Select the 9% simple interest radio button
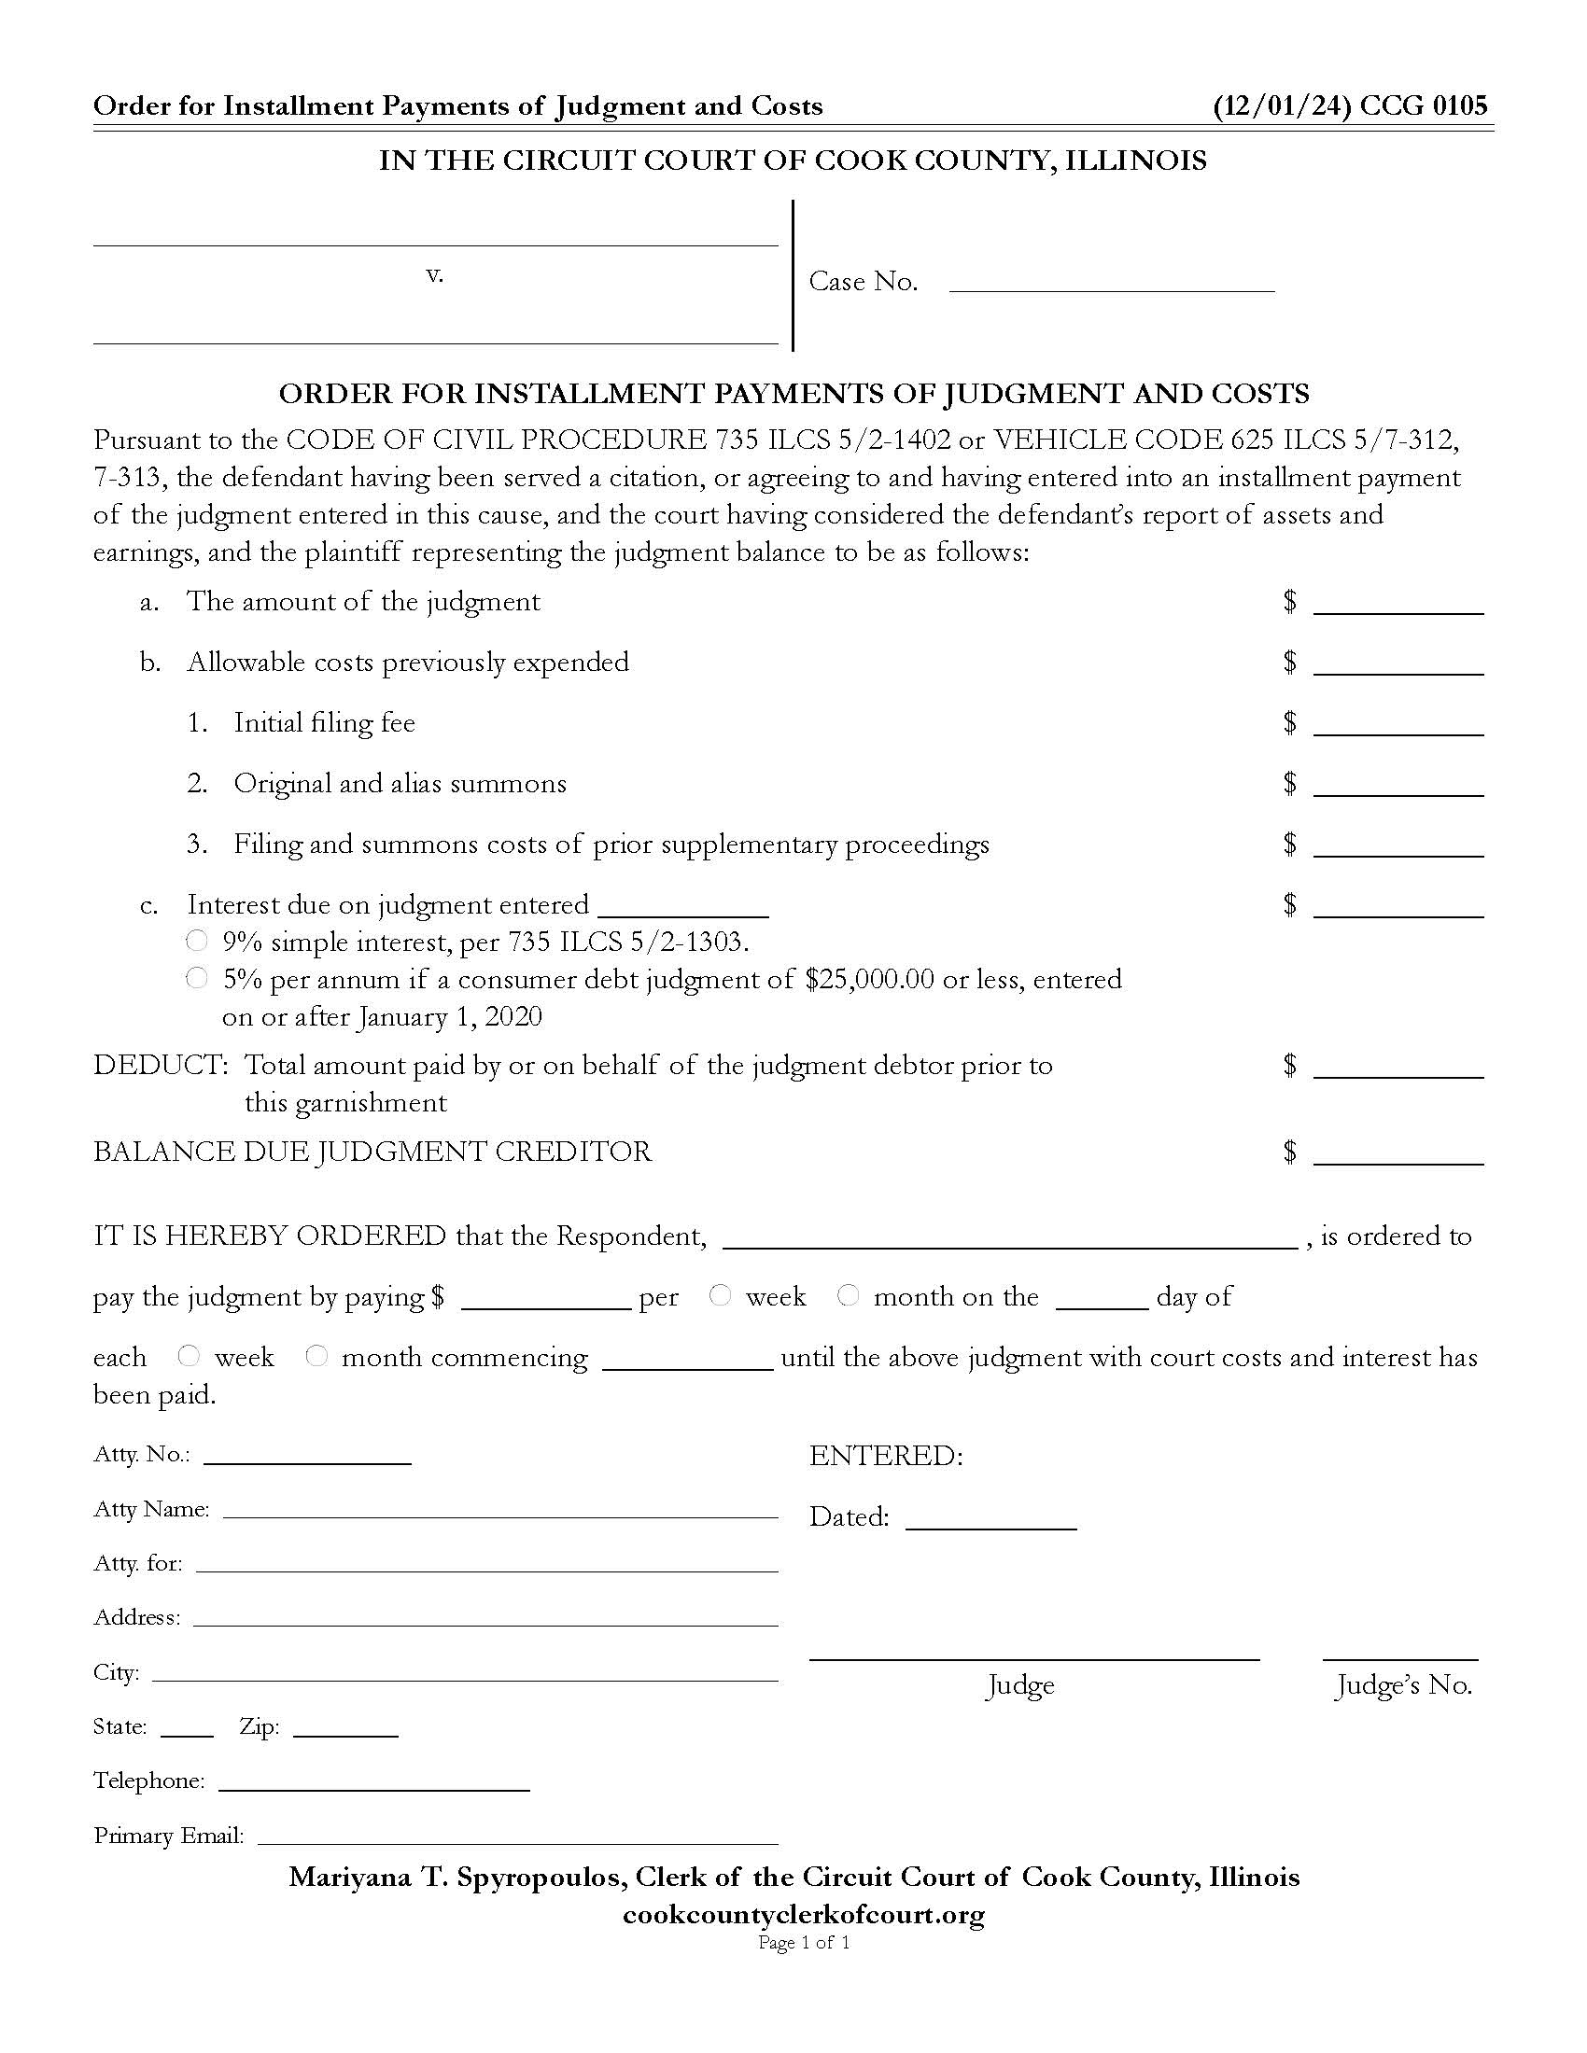click(196, 941)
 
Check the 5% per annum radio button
click(196, 979)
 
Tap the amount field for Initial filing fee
click(1398, 724)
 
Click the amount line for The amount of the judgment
click(1398, 603)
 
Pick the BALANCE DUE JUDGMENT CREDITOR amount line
click(1398, 1153)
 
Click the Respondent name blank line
click(1010, 1237)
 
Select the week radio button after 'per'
click(720, 1295)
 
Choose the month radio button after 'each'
click(316, 1356)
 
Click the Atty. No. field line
click(307, 1455)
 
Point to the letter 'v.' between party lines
click(434, 274)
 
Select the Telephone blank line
click(374, 1781)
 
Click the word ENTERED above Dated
click(886, 1456)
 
